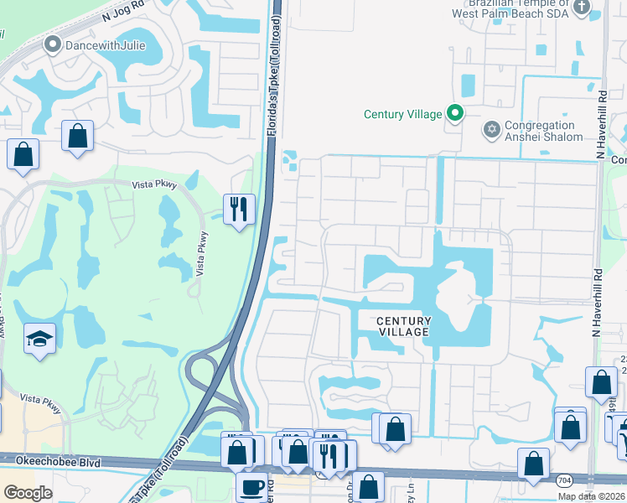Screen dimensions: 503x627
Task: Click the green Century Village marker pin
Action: (455, 113)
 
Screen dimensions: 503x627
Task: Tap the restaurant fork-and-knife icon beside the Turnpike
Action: (239, 210)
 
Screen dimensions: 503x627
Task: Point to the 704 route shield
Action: (563, 480)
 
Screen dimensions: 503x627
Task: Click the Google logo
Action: (28, 492)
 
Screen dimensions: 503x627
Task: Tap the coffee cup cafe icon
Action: (251, 486)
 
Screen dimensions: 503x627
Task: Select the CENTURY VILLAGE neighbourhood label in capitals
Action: (403, 326)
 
